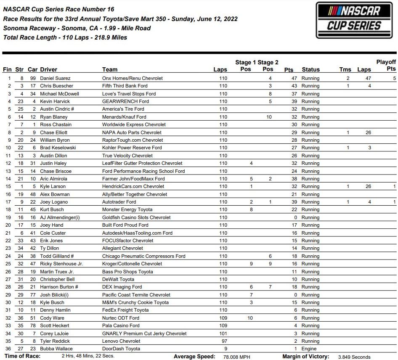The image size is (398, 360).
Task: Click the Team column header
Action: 110,69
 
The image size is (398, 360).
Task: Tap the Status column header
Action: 310,69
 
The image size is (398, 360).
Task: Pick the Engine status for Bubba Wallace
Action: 309,349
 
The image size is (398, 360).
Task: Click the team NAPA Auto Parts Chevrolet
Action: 132,132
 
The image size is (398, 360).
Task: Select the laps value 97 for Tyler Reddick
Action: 224,341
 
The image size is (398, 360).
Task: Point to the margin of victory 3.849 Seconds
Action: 354,357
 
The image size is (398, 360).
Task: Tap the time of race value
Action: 88,356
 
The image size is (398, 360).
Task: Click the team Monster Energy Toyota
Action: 127,209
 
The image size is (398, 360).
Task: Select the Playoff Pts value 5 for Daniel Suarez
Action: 394,78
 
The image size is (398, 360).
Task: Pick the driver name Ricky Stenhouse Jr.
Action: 61,264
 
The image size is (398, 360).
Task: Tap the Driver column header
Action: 48,69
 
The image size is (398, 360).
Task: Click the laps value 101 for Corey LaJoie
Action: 223,334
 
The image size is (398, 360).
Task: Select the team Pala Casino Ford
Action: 121,326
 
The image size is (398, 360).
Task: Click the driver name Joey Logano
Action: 54,202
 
